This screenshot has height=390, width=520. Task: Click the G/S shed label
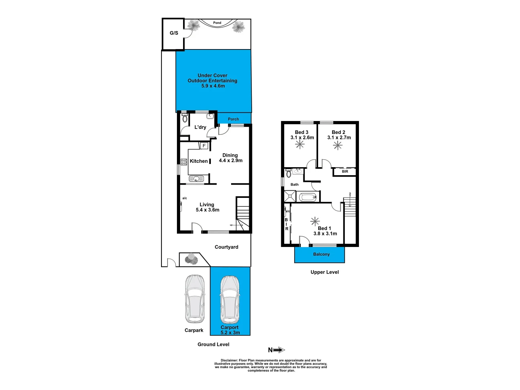pos(174,33)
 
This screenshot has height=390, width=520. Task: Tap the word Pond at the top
pos(217,23)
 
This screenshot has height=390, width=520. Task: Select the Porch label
pos(233,119)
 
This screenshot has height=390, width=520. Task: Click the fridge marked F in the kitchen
pos(204,146)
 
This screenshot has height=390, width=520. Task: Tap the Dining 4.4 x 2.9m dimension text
pos(230,160)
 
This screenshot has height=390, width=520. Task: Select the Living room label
pos(207,204)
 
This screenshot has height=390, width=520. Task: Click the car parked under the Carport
pos(230,300)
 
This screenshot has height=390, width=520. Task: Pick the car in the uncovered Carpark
pos(195,299)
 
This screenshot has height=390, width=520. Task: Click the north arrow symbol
pos(277,350)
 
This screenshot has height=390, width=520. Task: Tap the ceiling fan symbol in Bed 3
pos(300,144)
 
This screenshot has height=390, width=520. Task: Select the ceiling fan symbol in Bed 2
pos(338,145)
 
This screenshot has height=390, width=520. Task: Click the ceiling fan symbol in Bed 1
pos(315,221)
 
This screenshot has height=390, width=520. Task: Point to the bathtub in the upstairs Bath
pos(308,197)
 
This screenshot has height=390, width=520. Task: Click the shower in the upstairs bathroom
pos(290,197)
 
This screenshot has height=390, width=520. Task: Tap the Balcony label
pos(321,254)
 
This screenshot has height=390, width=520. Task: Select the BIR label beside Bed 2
pos(345,172)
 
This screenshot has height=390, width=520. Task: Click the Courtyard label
pos(226,247)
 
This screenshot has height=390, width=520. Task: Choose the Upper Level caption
pos(325,272)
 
